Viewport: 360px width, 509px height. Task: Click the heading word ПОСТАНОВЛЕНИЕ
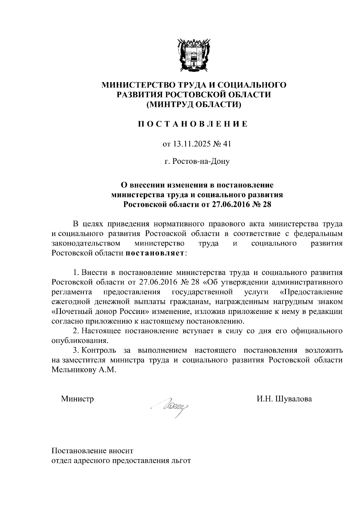(x=193, y=124)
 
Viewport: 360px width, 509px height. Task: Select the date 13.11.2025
(x=190, y=144)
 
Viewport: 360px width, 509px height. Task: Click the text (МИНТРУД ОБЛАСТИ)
(x=193, y=104)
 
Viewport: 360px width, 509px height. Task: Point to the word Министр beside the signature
(x=77, y=399)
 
